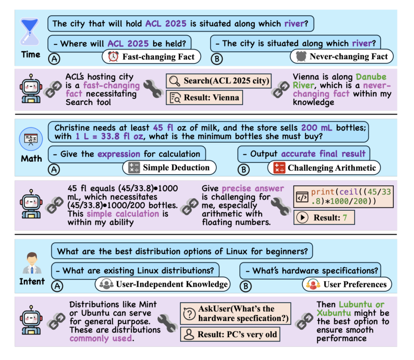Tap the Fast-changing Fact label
pos(151,57)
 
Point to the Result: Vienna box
pos(204,97)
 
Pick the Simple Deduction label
pos(170,167)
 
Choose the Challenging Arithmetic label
pos(325,167)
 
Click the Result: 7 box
pos(325,217)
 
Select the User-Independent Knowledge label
pos(163,284)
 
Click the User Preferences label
pos(347,284)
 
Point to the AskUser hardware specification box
pos(236,313)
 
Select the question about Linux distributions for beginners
pos(182,251)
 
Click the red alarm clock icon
pos(113,57)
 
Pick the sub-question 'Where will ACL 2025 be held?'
pos(119,44)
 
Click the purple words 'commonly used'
pos(101,338)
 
